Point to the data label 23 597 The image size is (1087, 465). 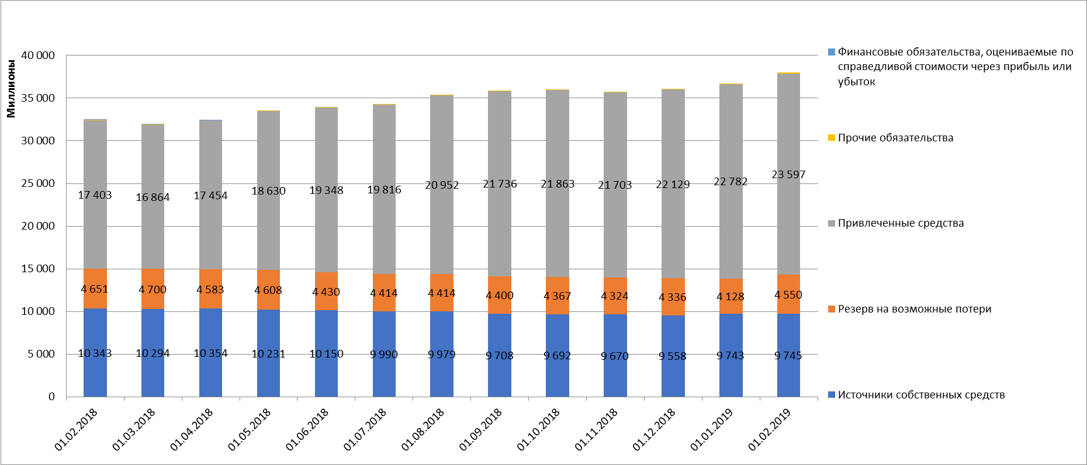pos(788,175)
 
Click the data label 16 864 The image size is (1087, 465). pos(153,197)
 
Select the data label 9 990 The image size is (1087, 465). pos(384,354)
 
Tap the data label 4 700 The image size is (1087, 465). pos(153,290)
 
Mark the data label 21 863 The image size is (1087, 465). pos(558,184)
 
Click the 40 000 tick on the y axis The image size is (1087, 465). pos(38,55)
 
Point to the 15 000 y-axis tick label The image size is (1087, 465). pos(38,269)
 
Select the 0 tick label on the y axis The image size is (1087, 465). pos(51,397)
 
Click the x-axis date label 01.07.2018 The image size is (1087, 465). pos(365,429)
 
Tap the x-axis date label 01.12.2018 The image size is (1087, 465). pos(654,429)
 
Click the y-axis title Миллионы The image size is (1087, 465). pos(11,88)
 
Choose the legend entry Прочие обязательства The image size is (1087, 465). pos(895,138)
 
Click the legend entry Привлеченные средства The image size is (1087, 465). pos(901,223)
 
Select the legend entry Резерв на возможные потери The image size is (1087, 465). pos(914,309)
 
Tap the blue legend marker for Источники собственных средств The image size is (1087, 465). pos(832,395)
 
